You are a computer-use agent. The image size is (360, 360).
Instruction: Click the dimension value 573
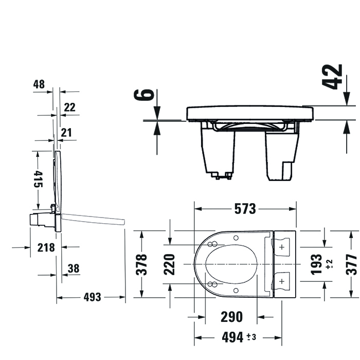click(x=245, y=209)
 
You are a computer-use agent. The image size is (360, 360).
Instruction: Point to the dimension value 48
click(x=39, y=84)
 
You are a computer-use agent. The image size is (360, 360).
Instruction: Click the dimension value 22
click(x=69, y=107)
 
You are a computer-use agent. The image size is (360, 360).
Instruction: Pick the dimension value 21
click(x=66, y=133)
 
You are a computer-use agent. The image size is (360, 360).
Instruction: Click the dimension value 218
click(x=46, y=247)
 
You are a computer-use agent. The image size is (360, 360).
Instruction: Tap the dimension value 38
click(x=74, y=268)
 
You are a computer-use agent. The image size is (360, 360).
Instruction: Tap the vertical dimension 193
click(x=317, y=264)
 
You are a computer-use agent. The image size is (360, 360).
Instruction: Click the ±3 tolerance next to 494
click(x=251, y=337)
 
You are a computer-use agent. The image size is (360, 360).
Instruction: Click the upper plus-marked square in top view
click(x=281, y=247)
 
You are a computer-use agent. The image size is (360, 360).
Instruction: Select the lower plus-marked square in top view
click(x=281, y=281)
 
